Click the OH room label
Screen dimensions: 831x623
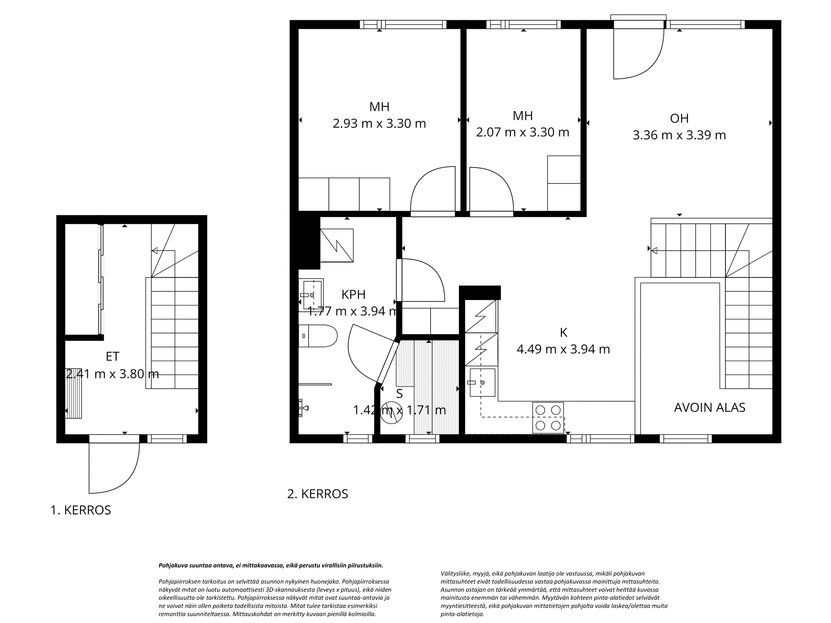pos(679,118)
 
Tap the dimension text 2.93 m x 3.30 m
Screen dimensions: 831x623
pos(379,123)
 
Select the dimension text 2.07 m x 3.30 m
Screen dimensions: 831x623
pos(522,132)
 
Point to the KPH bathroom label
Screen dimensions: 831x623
pos(353,295)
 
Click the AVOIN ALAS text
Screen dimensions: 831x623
pos(709,407)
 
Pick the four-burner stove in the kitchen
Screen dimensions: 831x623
pos(548,418)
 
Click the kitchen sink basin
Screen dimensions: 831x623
pos(482,382)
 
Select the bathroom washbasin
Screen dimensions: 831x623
pos(311,295)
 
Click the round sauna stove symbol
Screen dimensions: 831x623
pos(391,412)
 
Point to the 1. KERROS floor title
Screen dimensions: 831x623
pos(81,510)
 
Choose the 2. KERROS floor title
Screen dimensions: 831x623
pos(318,494)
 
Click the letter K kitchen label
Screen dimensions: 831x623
pos(563,333)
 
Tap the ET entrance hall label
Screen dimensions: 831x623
pos(113,356)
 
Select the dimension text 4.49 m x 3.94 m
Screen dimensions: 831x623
pos(563,349)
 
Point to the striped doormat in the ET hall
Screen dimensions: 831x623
pos(73,393)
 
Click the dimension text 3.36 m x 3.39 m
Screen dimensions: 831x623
pos(679,135)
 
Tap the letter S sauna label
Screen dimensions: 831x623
pos(399,394)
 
